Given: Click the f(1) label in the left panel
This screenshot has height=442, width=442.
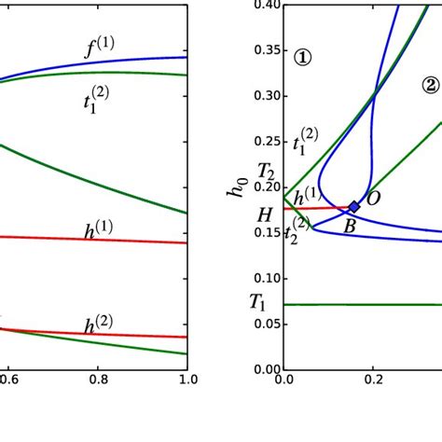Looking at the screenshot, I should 100,47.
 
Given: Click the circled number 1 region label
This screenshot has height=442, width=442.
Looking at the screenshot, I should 303,57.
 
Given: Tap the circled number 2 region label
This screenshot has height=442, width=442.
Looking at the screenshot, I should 430,85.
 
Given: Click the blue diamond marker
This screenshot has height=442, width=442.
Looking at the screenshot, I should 354,207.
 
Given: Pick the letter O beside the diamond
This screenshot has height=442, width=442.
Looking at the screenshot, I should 373,198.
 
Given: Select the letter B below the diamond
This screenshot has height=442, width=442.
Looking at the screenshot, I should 350,225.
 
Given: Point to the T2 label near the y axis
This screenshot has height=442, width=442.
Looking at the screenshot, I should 266,172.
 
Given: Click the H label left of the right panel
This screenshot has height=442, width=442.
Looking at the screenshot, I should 265,215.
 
